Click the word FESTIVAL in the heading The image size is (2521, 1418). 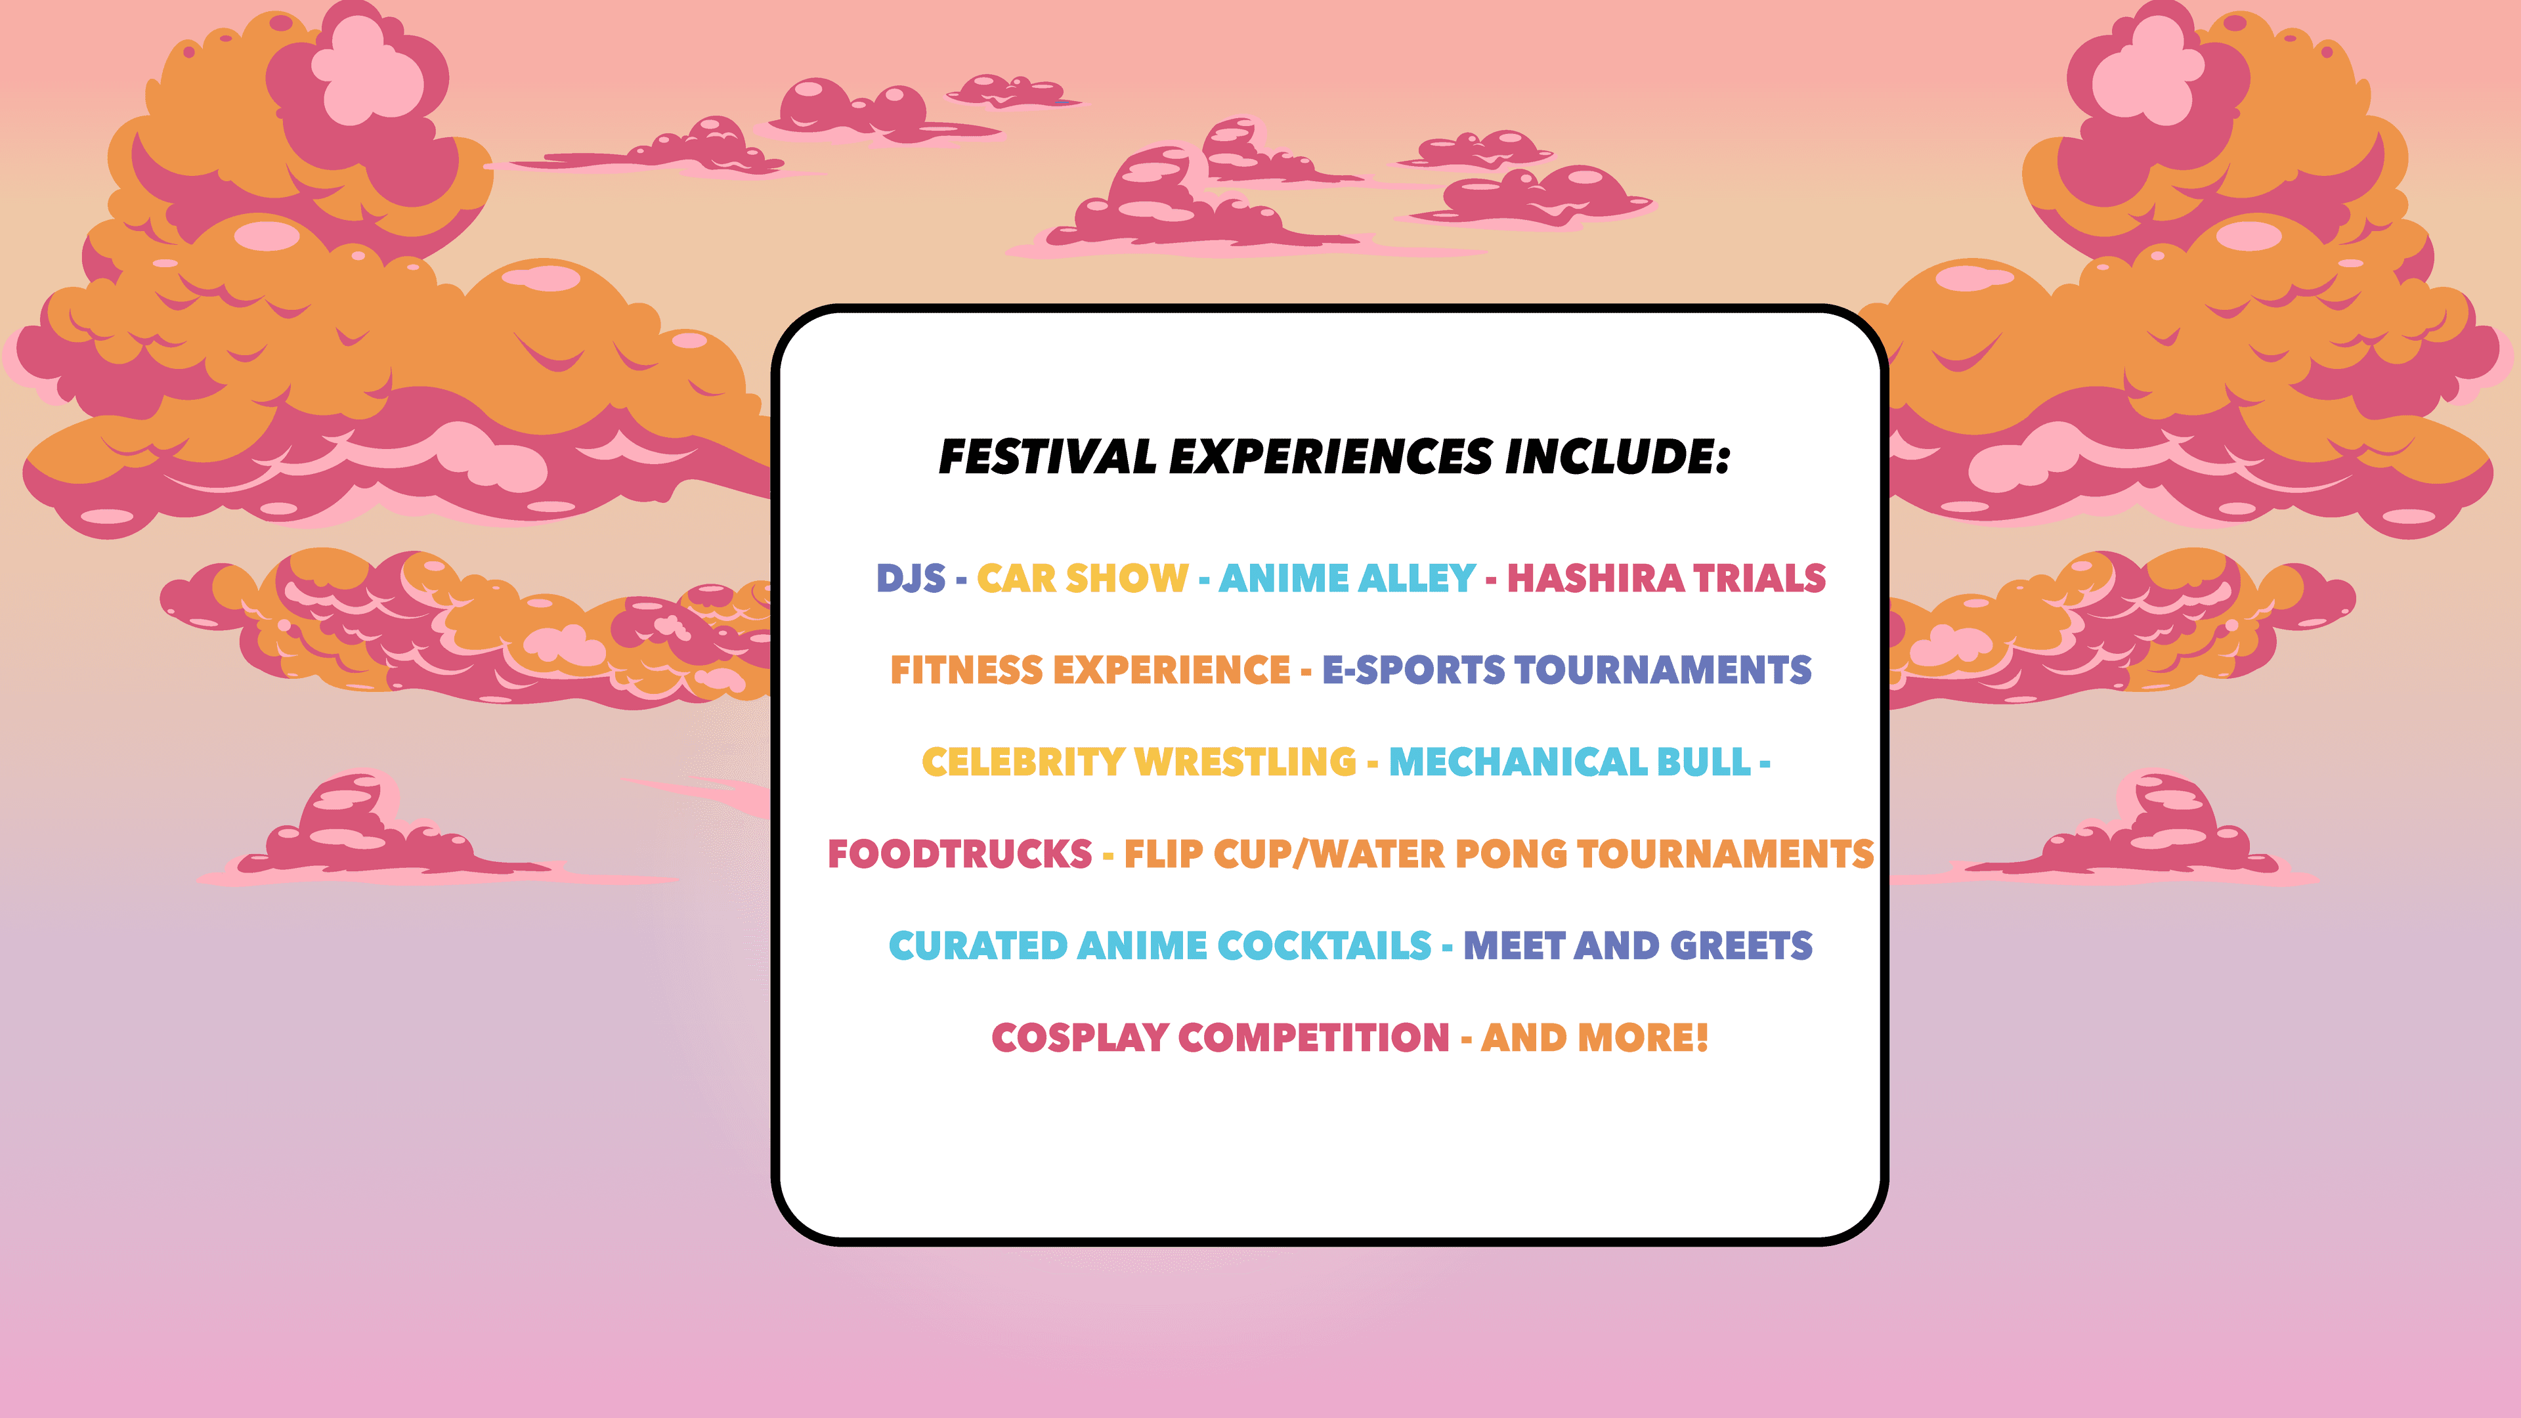tap(1047, 457)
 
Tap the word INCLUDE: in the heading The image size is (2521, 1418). tap(1618, 457)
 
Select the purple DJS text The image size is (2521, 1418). tap(910, 578)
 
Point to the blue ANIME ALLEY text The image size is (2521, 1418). tap(1347, 578)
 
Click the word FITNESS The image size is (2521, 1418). tap(966, 670)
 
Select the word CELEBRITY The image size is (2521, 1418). tap(1023, 762)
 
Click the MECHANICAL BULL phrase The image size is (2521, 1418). tap(1570, 762)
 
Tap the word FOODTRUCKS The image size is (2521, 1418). tap(959, 854)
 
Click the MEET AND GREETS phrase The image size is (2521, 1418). tap(1637, 946)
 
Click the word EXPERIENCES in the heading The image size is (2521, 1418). tap(1331, 457)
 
